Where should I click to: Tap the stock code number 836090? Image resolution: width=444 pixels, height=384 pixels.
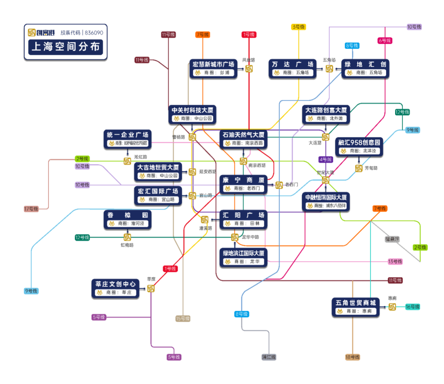pyautogui.click(x=94, y=32)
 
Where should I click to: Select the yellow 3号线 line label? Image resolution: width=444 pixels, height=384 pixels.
pyautogui.click(x=298, y=27)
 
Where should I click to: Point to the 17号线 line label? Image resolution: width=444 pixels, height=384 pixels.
pyautogui.click(x=31, y=209)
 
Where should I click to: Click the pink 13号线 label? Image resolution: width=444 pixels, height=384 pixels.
pyautogui.click(x=395, y=261)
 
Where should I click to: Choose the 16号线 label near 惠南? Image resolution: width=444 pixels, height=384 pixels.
pyautogui.click(x=412, y=307)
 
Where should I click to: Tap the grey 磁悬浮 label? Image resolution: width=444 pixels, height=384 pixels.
pyautogui.click(x=392, y=239)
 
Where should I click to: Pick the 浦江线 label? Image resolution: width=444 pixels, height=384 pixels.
pyautogui.click(x=269, y=357)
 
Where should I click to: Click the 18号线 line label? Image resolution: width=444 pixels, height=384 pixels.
pyautogui.click(x=352, y=357)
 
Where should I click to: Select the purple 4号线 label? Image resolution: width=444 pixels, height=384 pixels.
pyautogui.click(x=325, y=160)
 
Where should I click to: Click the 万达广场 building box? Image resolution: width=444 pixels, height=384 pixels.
pyautogui.click(x=292, y=69)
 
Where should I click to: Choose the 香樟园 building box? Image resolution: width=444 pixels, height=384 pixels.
pyautogui.click(x=127, y=219)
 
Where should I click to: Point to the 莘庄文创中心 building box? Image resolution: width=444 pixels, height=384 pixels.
pyautogui.click(x=115, y=288)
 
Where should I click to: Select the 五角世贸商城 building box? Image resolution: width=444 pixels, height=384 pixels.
pyautogui.click(x=356, y=307)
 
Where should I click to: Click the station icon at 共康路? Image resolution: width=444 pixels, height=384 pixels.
pyautogui.click(x=249, y=69)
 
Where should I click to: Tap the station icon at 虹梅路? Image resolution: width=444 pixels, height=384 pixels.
pyautogui.click(x=127, y=237)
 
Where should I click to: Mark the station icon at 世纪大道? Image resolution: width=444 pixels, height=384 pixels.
pyautogui.click(x=325, y=180)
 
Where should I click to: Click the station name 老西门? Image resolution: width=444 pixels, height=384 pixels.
pyautogui.click(x=291, y=185)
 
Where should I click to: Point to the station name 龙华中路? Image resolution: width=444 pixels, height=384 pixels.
pyautogui.click(x=250, y=237)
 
